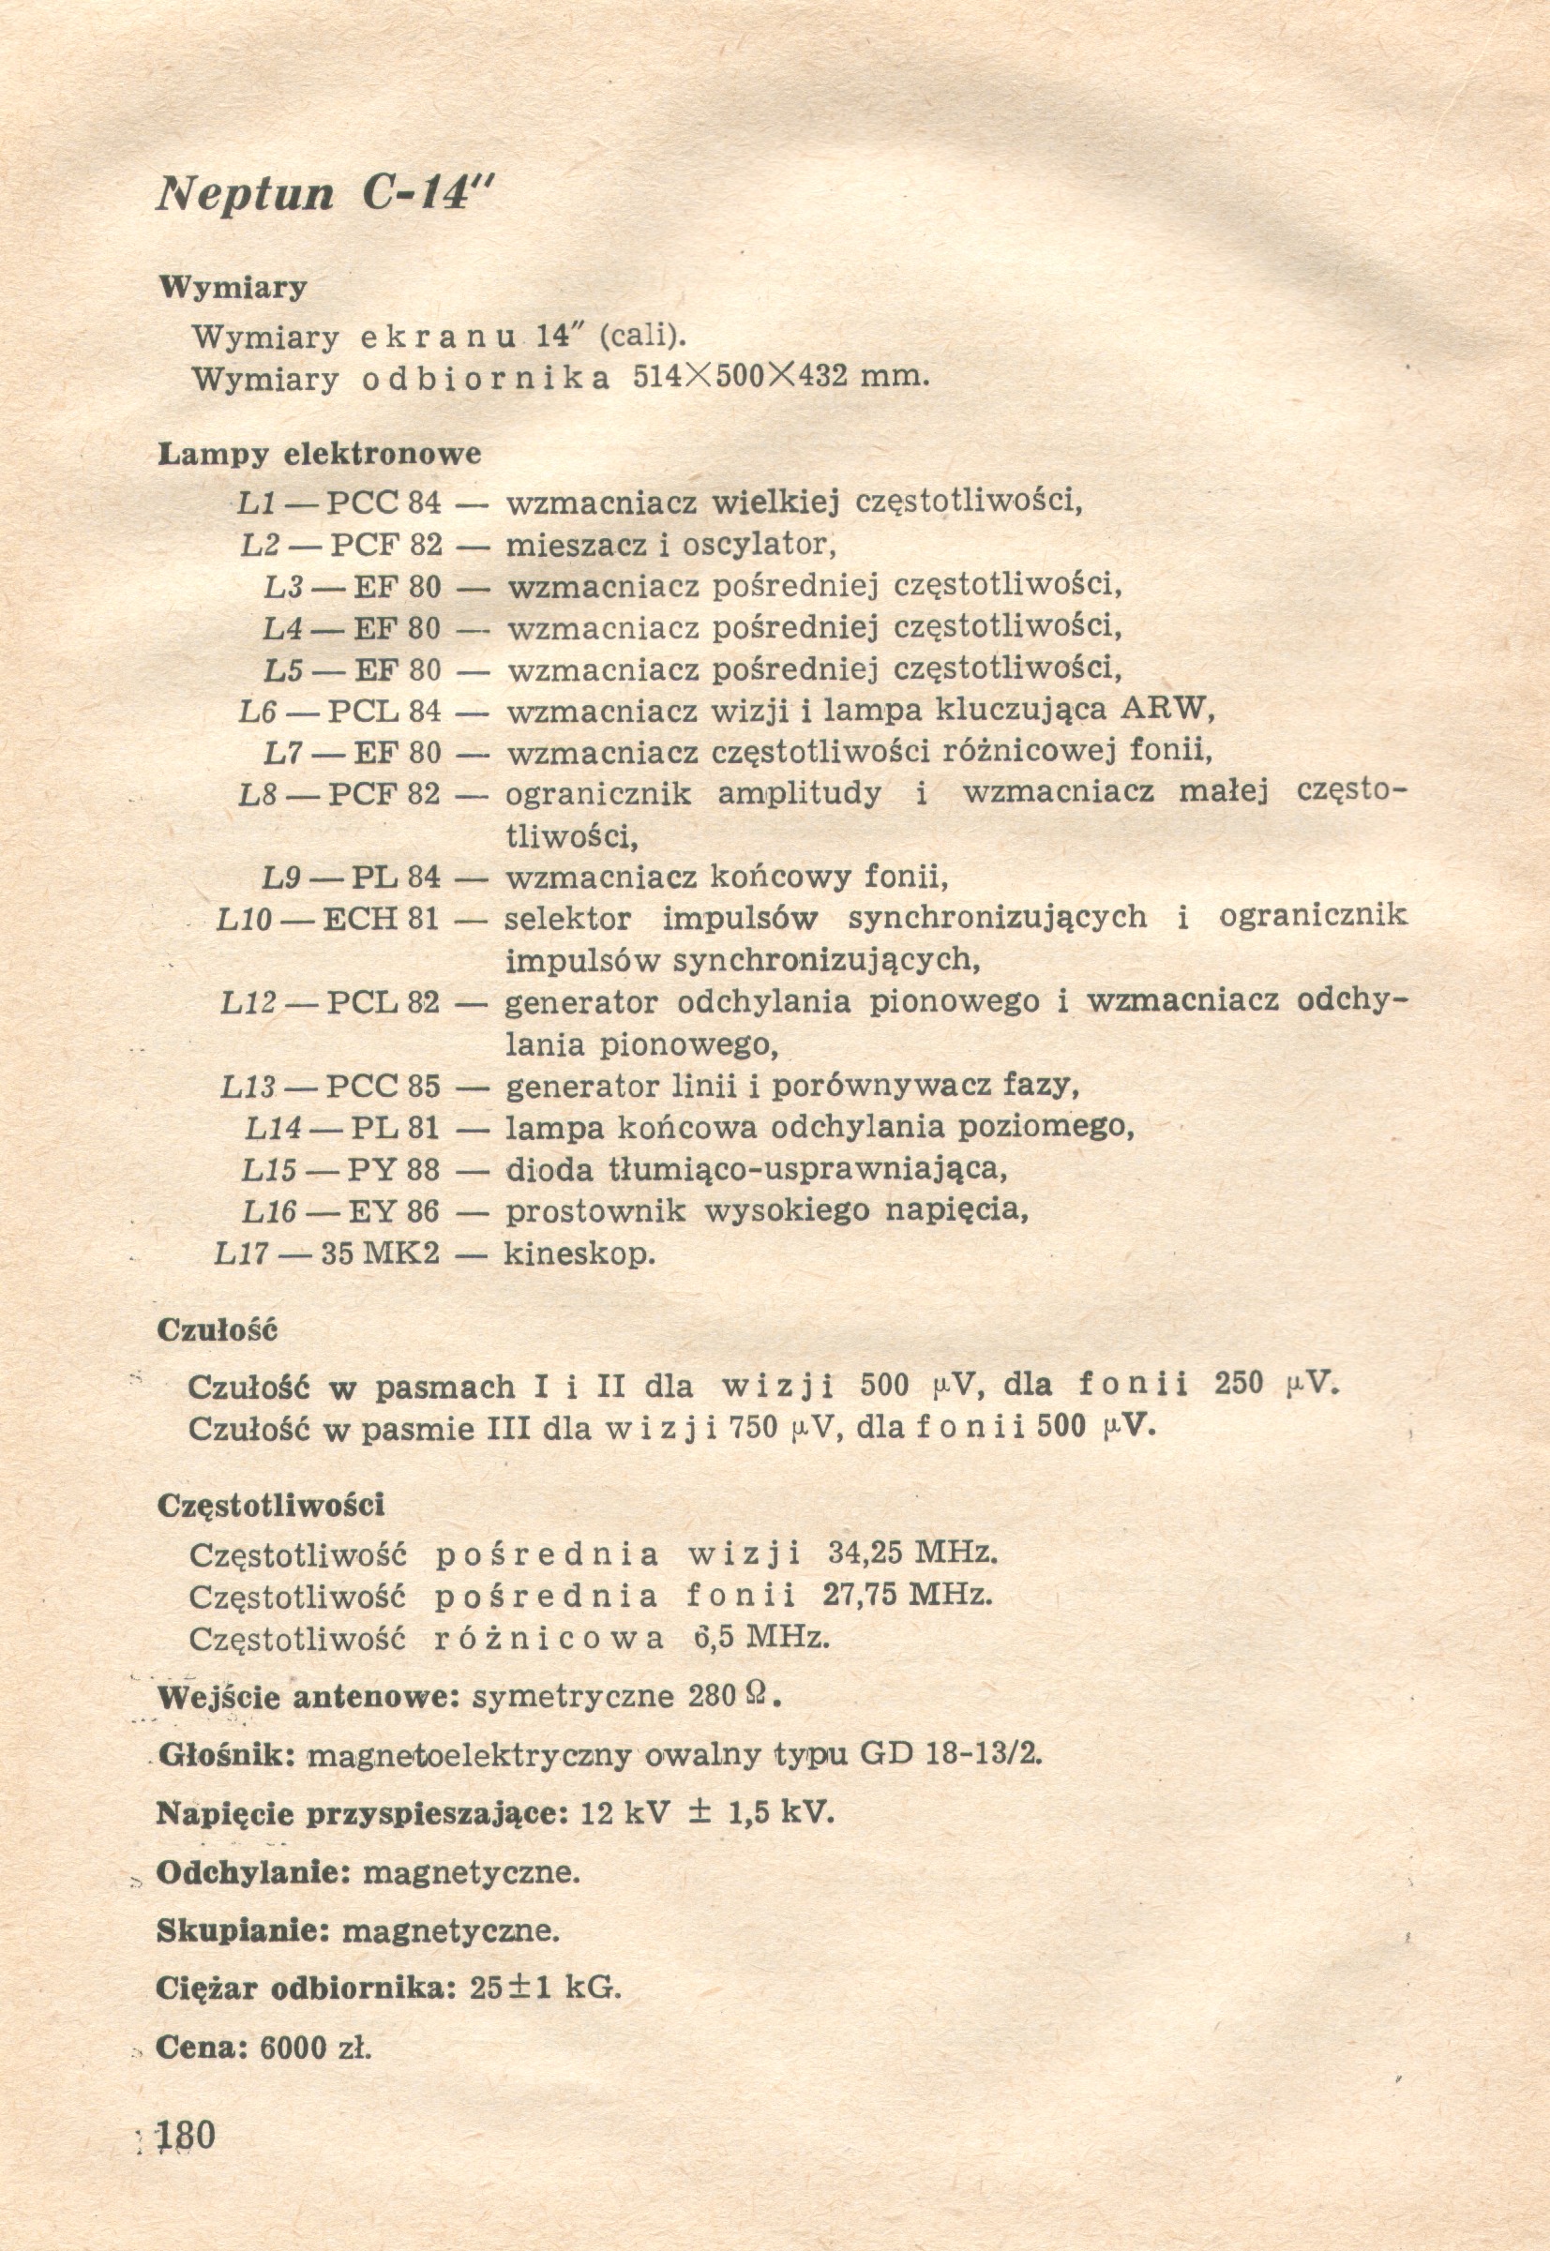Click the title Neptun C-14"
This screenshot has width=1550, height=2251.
click(325, 194)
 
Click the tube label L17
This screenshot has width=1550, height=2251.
click(240, 1254)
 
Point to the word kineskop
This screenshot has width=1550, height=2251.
click(579, 1254)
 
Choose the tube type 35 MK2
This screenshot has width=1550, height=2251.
click(380, 1254)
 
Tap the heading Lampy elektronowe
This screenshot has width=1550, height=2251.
click(319, 454)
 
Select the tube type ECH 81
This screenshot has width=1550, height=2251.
click(380, 919)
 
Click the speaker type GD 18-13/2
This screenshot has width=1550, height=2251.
click(952, 1755)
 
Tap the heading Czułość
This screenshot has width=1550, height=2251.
click(217, 1329)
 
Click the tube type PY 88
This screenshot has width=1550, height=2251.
click(393, 1170)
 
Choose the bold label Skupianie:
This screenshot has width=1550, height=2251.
click(244, 1929)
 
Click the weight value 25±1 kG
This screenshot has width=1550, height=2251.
click(545, 1988)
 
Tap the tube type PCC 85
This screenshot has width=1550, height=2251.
click(383, 1086)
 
